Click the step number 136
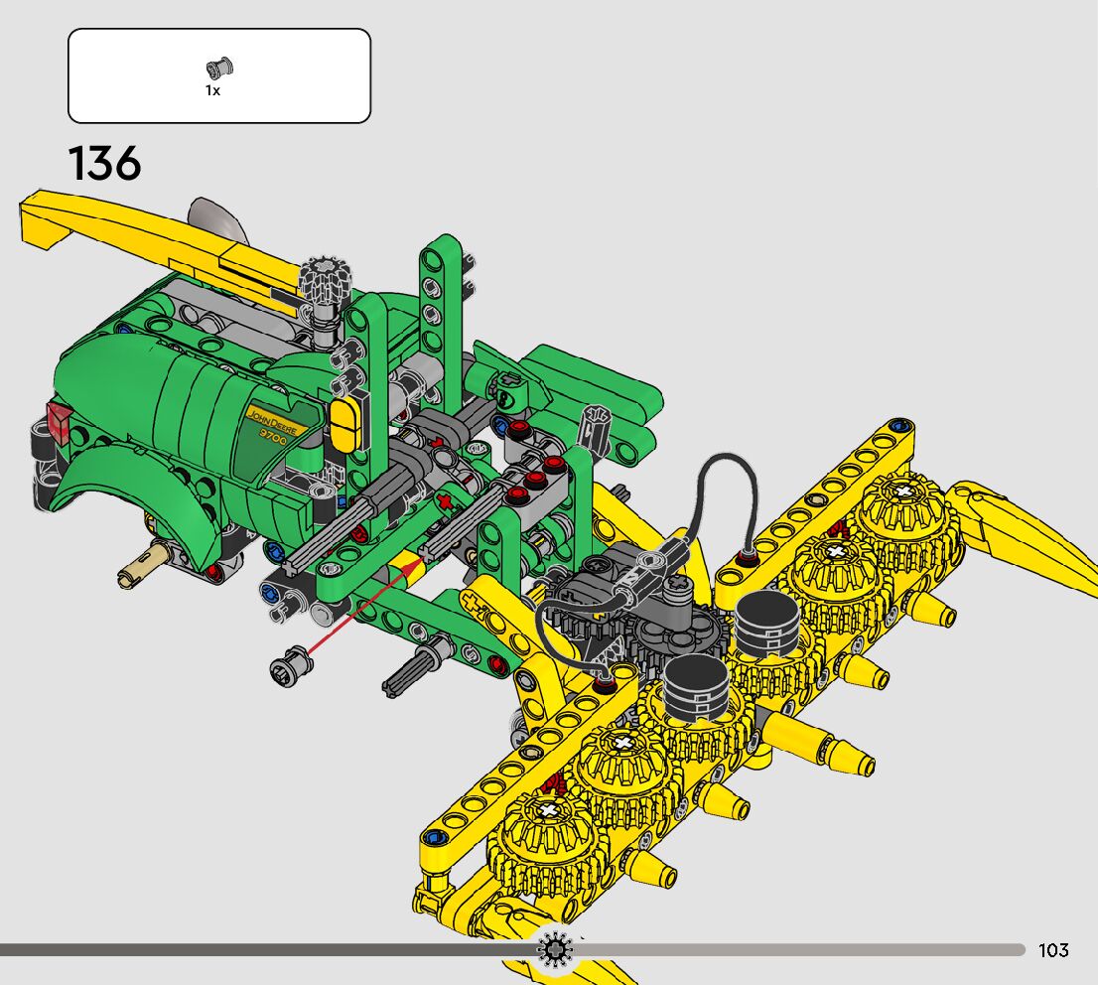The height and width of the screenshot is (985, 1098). tap(104, 163)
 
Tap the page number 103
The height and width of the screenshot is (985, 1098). tap(1053, 950)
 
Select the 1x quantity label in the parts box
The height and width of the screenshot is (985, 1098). tap(212, 90)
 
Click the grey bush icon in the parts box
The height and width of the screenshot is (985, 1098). tap(219, 68)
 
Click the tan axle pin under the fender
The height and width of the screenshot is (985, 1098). tap(144, 566)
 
